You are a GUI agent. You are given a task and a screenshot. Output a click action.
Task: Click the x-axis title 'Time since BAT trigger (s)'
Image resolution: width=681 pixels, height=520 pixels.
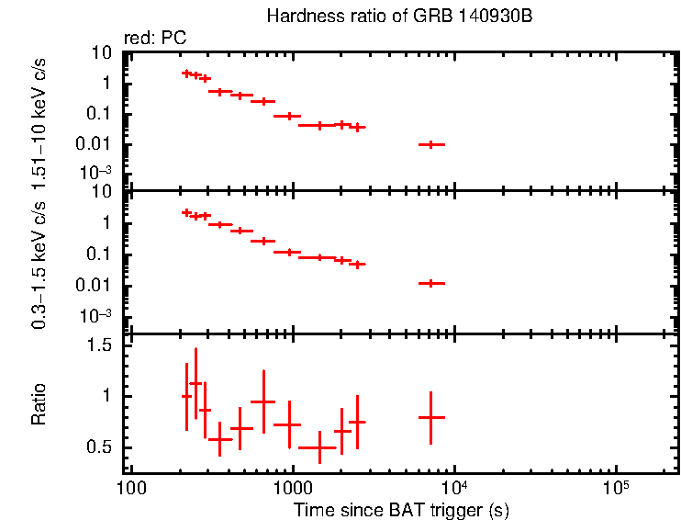pyautogui.click(x=401, y=509)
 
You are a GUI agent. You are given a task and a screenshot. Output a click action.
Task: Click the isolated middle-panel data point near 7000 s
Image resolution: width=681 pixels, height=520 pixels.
pyautogui.click(x=430, y=284)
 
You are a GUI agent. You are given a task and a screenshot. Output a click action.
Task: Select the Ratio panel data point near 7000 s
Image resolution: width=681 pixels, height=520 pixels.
pyautogui.click(x=430, y=417)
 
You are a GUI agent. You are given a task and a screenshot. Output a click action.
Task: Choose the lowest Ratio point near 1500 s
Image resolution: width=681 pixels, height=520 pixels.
pyautogui.click(x=319, y=447)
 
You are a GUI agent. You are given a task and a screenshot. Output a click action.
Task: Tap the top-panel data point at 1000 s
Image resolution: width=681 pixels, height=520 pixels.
pyautogui.click(x=289, y=116)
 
